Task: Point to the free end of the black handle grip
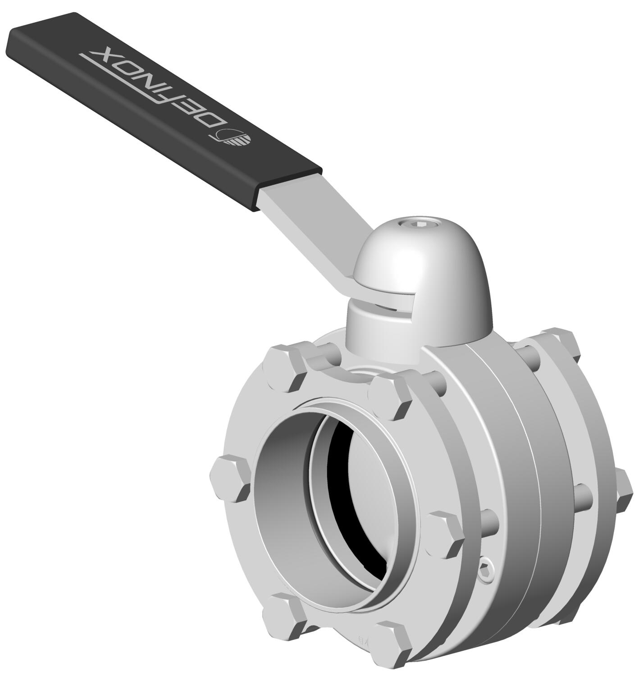coord(27,41)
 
